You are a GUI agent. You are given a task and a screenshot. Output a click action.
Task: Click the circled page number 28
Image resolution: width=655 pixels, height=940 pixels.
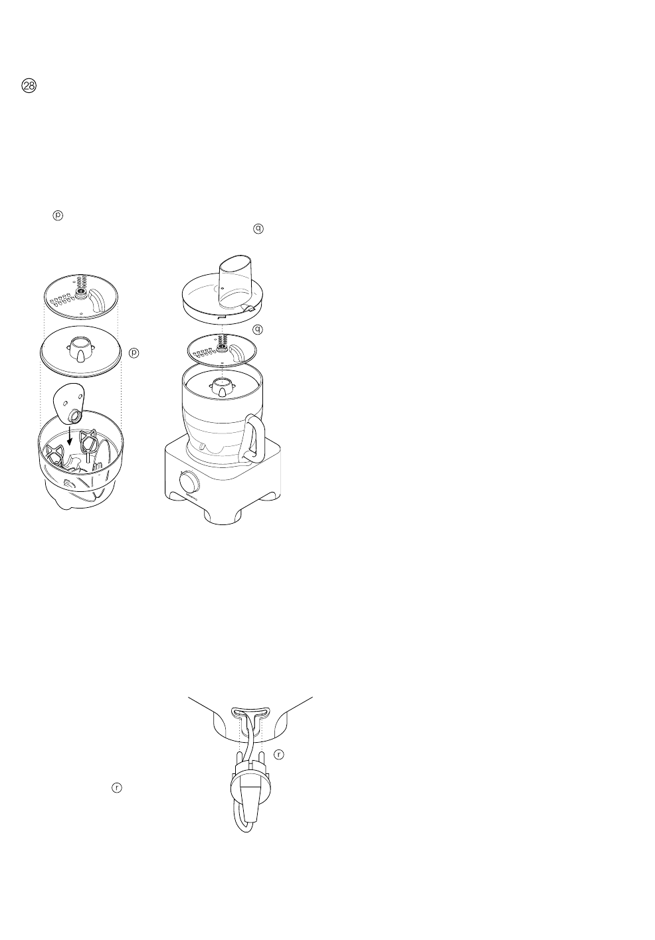(x=30, y=86)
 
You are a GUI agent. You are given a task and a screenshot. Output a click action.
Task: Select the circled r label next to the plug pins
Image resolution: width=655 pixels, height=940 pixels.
(x=279, y=755)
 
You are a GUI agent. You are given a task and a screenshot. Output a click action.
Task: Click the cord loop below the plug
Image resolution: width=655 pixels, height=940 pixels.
(x=237, y=823)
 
